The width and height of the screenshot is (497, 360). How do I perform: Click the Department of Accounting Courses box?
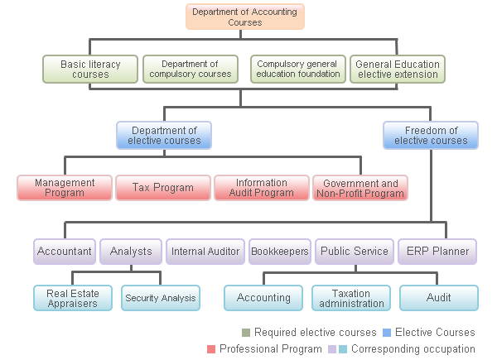point(245,17)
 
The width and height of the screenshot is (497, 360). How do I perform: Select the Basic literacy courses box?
point(90,69)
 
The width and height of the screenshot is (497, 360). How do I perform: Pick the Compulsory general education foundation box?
point(298,69)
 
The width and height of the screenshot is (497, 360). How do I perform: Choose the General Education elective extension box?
point(398,69)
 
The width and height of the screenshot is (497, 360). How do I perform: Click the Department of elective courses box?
point(164,135)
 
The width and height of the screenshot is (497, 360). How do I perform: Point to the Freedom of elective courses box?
point(431,135)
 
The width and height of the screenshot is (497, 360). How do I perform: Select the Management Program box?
point(65,188)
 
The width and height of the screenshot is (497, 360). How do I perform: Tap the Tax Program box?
point(162,188)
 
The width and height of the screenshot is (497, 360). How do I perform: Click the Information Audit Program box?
point(262,188)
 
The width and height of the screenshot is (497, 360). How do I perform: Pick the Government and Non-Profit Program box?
point(360,188)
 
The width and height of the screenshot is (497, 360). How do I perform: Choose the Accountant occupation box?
point(65,251)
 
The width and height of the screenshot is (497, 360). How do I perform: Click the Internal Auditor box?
point(205,251)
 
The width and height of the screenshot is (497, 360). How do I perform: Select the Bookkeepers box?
point(280,251)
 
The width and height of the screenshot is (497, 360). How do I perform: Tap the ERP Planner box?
point(437,251)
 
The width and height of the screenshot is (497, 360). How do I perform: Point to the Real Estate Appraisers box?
point(72,298)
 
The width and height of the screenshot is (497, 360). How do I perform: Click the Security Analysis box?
point(161,298)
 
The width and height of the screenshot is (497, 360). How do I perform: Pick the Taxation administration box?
point(350,298)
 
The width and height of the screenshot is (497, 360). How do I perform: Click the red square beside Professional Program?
point(211,349)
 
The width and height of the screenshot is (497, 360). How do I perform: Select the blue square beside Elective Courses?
point(386,333)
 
